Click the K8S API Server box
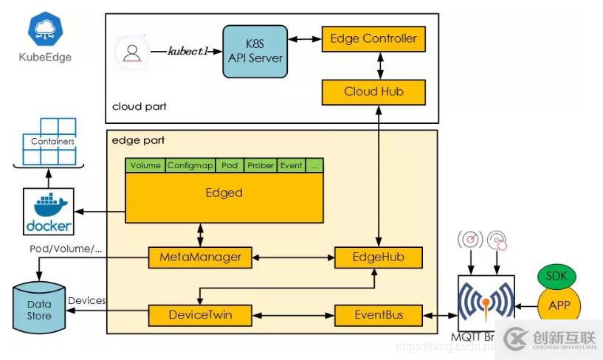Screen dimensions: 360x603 pyautogui.click(x=255, y=51)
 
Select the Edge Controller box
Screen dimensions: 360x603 pyautogui.click(x=373, y=38)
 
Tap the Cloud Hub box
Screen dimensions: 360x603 pyautogui.click(x=373, y=91)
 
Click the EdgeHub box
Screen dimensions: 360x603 pyautogui.click(x=378, y=257)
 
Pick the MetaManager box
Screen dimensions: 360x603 pyautogui.click(x=200, y=257)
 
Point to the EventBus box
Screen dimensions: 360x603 pyautogui.click(x=378, y=315)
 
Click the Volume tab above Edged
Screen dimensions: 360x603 pyautogui.click(x=145, y=165)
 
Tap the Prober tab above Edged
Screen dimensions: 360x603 pyautogui.click(x=261, y=165)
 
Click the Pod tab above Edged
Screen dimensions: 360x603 pyautogui.click(x=229, y=165)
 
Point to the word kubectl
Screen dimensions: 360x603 pyautogui.click(x=190, y=52)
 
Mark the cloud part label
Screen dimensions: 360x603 pyautogui.click(x=139, y=106)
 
